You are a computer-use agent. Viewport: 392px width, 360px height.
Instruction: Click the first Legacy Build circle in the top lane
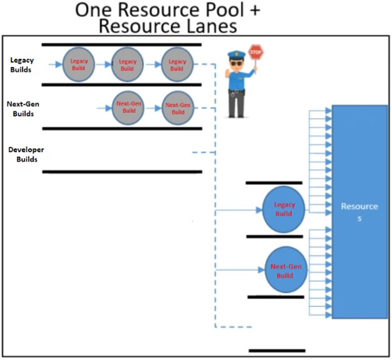pos(79,63)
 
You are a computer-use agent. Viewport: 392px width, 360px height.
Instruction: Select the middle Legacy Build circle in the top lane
pos(128,63)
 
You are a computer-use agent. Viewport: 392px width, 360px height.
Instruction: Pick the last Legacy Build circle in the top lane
pos(178,63)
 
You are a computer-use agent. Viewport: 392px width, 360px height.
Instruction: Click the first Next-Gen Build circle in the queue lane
pos(128,107)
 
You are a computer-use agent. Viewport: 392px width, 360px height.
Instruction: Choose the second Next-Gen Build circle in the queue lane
pos(178,107)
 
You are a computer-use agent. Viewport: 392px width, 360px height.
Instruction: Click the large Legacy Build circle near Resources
pos(283,209)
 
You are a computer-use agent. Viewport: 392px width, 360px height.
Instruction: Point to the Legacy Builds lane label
pos(22,64)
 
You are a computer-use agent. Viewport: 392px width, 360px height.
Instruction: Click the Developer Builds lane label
pos(26,154)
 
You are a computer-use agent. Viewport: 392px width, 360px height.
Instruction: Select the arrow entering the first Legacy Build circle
pos(56,64)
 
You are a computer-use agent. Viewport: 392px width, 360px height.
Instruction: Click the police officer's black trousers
pos(236,105)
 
